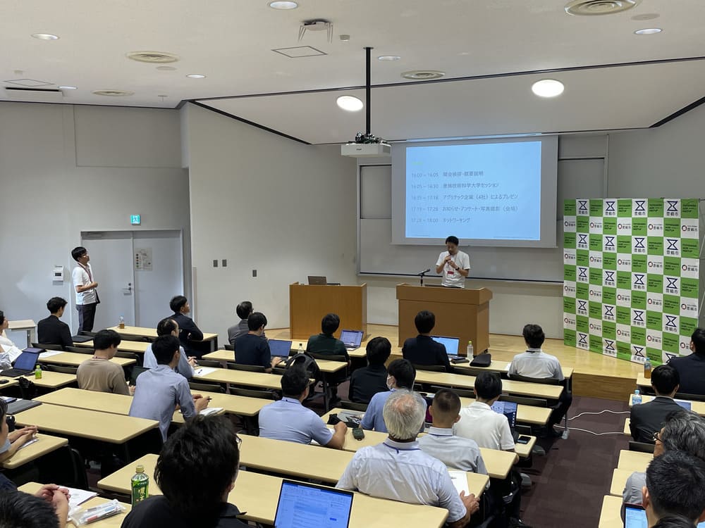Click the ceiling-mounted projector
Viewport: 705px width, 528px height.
tap(365, 148)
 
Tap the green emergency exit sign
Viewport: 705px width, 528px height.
tap(135, 219)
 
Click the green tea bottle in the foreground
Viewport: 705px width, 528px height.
tap(140, 485)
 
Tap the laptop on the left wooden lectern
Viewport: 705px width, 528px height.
tap(317, 280)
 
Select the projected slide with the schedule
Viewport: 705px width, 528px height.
tap(474, 190)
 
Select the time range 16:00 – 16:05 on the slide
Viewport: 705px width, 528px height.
tap(425, 175)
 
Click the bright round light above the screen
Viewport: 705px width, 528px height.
tap(548, 88)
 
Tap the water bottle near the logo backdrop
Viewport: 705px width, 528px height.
tap(647, 367)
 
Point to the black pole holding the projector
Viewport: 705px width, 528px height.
tap(368, 92)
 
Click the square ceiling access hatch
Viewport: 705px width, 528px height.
tap(299, 51)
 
